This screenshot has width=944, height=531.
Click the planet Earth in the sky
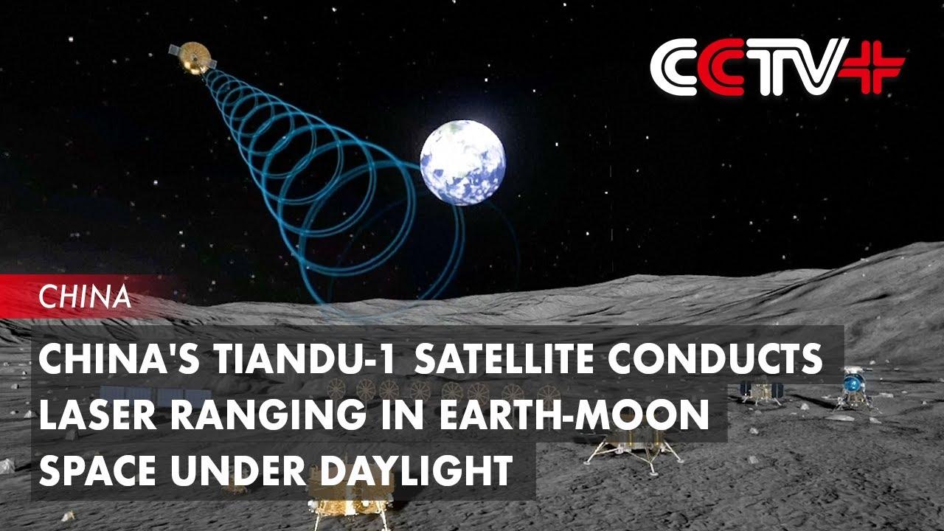pos(462,163)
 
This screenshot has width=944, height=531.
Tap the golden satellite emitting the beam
pos(193,58)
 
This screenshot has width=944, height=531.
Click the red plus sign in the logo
pos(872,66)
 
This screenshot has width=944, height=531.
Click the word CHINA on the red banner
pos(85,296)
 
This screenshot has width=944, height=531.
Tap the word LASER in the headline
pos(98,414)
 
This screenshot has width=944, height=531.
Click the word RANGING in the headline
pos(268,414)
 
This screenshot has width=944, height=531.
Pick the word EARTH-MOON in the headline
pos(574,414)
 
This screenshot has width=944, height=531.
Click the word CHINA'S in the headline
pos(119,358)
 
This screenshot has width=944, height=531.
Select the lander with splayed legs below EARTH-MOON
pos(634,449)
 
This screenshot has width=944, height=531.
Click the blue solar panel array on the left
pos(156,395)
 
